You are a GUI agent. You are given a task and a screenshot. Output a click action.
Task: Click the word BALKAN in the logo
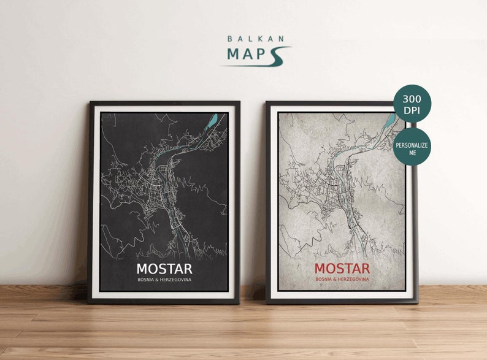[256, 39]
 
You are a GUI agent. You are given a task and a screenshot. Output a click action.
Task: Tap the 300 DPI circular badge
[412, 104]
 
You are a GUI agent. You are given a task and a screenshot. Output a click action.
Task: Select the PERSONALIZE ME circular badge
[412, 148]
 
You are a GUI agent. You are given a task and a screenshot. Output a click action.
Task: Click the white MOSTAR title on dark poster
[164, 269]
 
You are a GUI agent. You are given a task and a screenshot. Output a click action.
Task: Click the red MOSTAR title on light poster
[342, 269]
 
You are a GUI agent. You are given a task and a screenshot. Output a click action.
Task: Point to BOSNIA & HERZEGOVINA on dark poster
[164, 280]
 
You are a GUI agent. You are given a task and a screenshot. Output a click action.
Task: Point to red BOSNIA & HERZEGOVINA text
[342, 280]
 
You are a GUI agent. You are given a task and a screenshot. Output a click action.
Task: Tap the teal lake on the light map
[391, 120]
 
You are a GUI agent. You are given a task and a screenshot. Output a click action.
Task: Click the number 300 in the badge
[412, 99]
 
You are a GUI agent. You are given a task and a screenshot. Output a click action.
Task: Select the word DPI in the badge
[412, 110]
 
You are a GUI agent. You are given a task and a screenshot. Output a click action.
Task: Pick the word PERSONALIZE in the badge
[412, 145]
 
